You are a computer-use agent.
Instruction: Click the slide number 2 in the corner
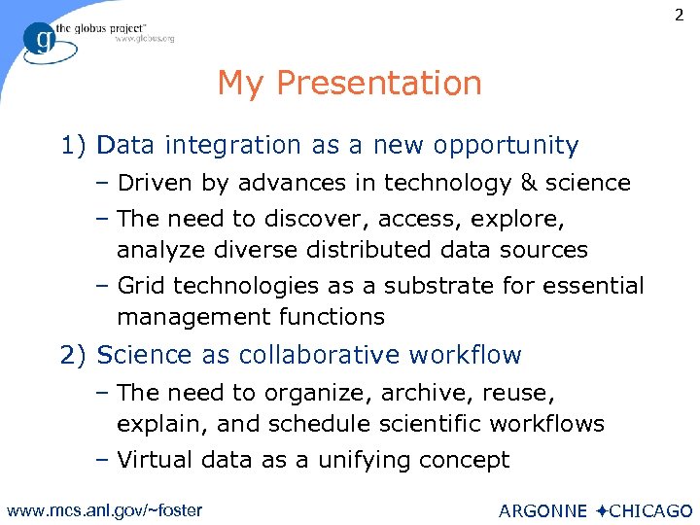678,17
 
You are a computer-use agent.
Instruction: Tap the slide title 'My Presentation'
349,84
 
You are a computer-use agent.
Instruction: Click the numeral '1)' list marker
75,146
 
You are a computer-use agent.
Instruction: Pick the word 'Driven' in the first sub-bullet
150,183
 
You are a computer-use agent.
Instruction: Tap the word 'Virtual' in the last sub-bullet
153,460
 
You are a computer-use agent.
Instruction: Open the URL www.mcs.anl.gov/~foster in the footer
104,509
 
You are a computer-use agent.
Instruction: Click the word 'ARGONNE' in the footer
542,511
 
